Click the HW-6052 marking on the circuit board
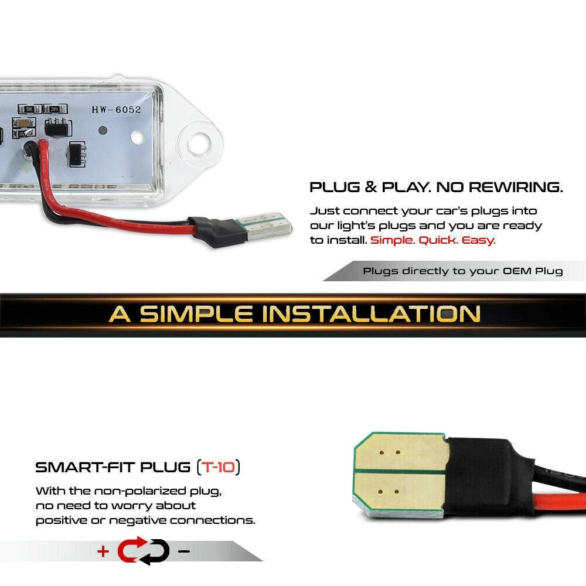[x=117, y=110]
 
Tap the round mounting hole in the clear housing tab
[x=200, y=143]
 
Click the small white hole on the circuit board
[x=138, y=137]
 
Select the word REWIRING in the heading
[x=516, y=188]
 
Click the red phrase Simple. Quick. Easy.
[x=432, y=240]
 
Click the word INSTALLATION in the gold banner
[x=371, y=314]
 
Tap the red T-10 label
[x=219, y=467]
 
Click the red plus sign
[x=103, y=551]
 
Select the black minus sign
[x=184, y=551]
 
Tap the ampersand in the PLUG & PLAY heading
[x=371, y=188]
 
